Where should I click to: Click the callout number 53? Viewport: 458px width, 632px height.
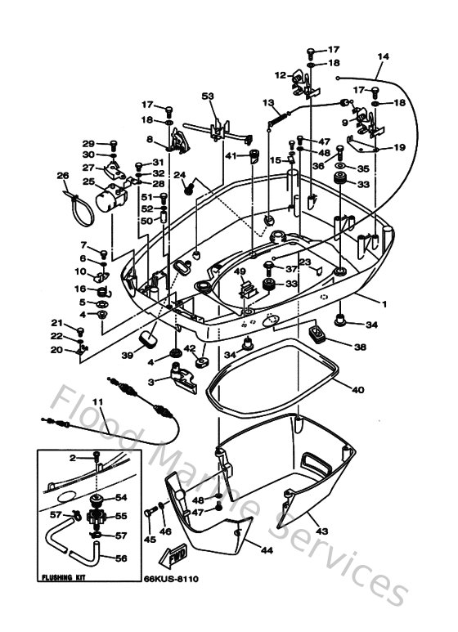pyautogui.click(x=208, y=97)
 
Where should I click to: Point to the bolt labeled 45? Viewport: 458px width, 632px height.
pyautogui.click(x=150, y=513)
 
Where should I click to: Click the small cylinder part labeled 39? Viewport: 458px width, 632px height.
pyautogui.click(x=149, y=337)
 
